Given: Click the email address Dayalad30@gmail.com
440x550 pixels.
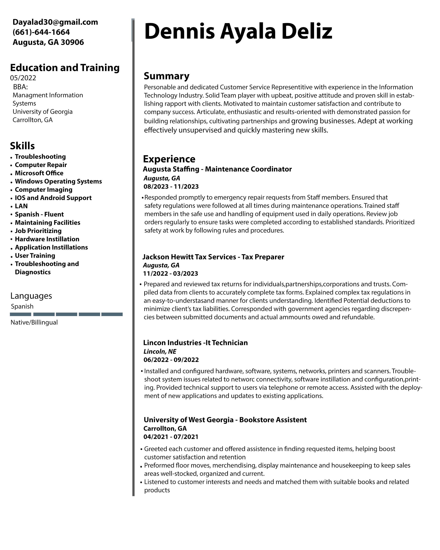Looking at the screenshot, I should coord(55,22).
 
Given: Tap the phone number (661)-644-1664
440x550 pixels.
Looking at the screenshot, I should coord(41,32).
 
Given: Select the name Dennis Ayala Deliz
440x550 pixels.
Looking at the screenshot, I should coord(238,31).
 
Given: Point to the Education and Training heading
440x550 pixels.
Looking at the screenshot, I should coord(65,68).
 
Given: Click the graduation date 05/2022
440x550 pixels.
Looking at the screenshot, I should coord(23,78).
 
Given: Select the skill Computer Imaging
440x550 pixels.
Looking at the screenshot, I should coord(44,190).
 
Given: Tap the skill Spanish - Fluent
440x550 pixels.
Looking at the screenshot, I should coord(39,214).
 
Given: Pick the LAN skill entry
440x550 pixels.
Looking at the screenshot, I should coord(21,206).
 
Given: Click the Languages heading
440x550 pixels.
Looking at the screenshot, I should coord(31,296).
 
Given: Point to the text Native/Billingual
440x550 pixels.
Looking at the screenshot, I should coord(34,322).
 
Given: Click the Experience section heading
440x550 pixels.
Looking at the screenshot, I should coord(169,159).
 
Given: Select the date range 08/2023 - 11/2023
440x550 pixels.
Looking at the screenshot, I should coord(171,186).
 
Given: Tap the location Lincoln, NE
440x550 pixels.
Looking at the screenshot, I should coord(160,351).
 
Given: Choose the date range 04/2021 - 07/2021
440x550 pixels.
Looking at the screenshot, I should coord(171,437).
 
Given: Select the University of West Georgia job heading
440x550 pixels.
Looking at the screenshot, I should coord(225,420).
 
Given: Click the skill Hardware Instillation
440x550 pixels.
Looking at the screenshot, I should coord(47,239).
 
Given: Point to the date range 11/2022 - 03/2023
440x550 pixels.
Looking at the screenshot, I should coord(170,274).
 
